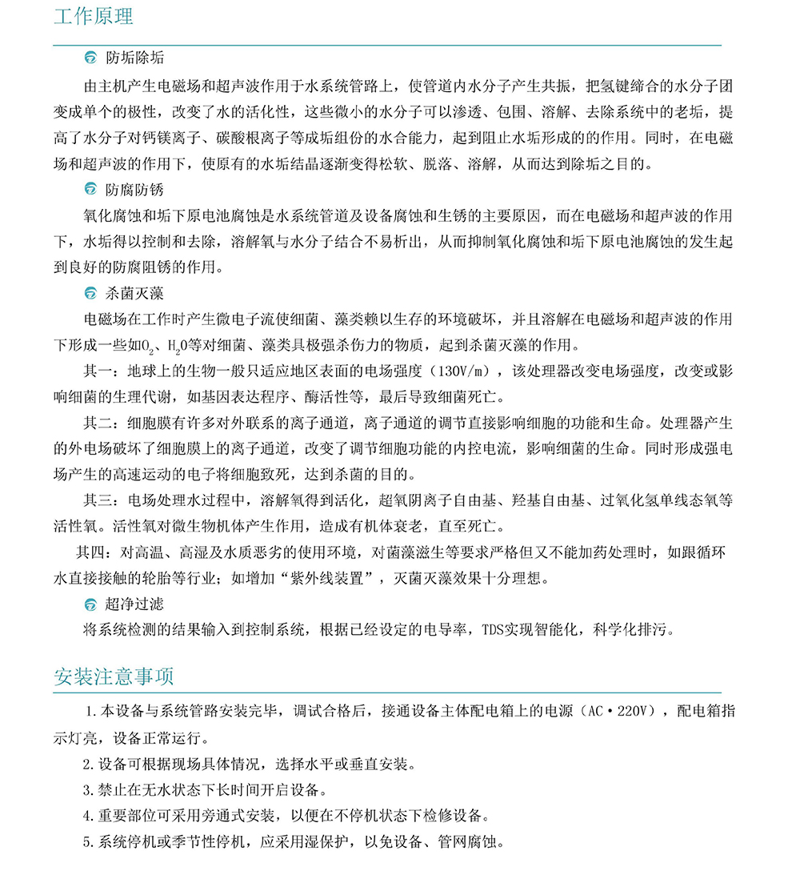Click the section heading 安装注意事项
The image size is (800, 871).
[114, 676]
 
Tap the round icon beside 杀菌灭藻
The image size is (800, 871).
[90, 294]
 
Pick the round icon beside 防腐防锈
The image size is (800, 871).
[90, 190]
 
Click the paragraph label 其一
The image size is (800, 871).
[100, 371]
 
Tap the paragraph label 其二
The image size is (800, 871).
[100, 423]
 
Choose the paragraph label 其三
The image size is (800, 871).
[100, 500]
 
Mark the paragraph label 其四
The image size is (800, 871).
[91, 552]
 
